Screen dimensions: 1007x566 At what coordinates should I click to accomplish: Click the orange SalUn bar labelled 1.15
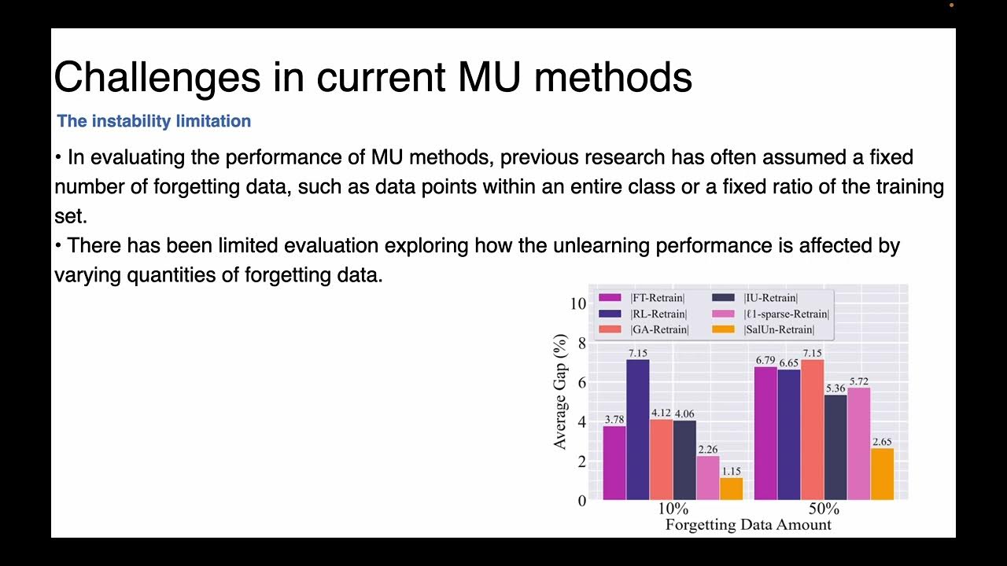point(732,489)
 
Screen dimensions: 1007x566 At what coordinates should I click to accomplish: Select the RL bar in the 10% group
point(638,429)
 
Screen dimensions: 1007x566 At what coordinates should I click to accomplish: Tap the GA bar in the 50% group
point(813,429)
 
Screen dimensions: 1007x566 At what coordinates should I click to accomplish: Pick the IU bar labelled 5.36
point(835,447)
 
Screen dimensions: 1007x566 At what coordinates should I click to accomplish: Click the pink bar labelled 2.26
point(708,478)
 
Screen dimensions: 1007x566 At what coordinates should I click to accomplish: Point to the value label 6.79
point(765,360)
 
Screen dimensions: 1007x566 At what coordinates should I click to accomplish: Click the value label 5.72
point(858,381)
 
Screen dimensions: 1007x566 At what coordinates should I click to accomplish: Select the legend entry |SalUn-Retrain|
point(779,329)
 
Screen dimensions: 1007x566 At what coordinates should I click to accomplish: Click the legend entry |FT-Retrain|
point(658,298)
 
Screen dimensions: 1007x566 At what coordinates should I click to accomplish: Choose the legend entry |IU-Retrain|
point(770,298)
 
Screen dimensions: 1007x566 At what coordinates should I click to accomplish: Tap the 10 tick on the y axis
point(578,303)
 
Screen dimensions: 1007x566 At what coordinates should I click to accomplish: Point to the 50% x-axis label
point(824,509)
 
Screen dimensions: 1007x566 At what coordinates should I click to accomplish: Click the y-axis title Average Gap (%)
point(560,391)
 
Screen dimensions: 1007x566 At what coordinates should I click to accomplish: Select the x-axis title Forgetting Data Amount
point(748,524)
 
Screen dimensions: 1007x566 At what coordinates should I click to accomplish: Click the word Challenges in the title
point(157,78)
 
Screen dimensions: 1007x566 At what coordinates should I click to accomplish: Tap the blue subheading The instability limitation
point(153,121)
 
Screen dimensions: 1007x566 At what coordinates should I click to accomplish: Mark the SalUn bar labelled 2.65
point(882,474)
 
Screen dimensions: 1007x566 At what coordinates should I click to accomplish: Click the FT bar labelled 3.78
point(614,463)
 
